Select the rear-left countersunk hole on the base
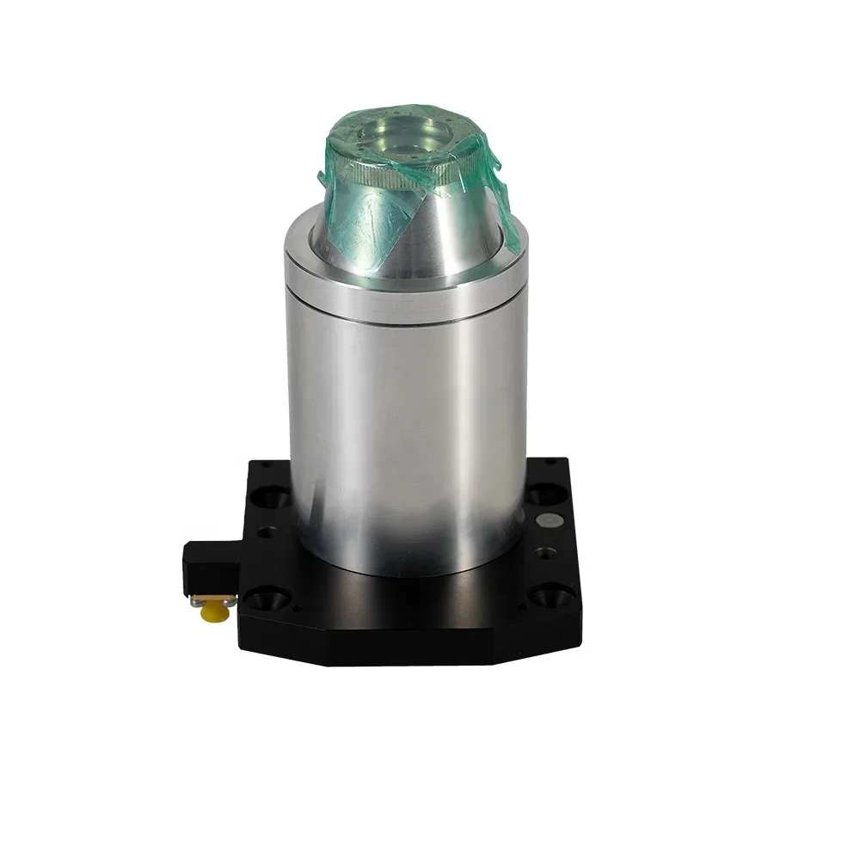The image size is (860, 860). point(273,498)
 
